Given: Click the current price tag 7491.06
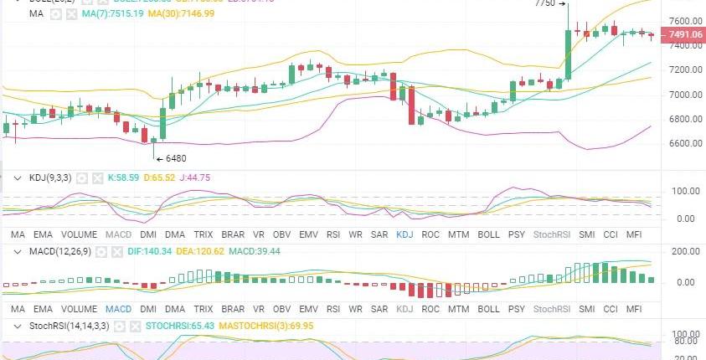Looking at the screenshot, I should (683, 34).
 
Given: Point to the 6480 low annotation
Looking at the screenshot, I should (175, 158).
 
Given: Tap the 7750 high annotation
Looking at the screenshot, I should (545, 3).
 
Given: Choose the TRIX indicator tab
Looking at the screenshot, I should (204, 235).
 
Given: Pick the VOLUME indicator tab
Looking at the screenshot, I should (80, 235).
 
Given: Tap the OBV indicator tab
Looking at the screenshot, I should (281, 235).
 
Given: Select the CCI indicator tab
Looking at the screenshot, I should (611, 235).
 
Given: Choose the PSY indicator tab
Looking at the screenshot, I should (517, 235).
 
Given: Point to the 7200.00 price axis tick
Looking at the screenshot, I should (684, 69).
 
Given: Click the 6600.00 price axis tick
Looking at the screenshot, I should (684, 143).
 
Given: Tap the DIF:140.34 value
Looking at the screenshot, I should (152, 250).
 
